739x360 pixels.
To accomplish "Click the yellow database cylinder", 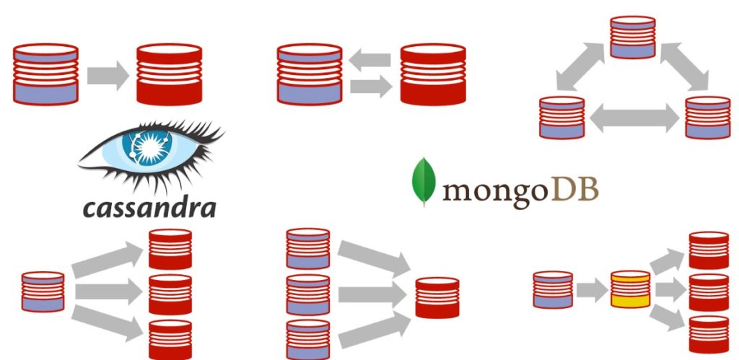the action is click(631, 289).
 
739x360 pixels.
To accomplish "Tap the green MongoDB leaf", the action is click(424, 182).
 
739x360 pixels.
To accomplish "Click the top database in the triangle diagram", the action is click(632, 38).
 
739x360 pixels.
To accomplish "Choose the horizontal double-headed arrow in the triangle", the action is click(634, 118).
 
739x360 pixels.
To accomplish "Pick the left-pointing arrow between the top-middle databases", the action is click(370, 60).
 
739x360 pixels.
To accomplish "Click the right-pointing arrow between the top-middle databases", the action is click(371, 87).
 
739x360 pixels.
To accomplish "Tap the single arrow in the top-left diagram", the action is click(108, 76).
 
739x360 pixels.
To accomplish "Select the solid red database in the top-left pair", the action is click(169, 74).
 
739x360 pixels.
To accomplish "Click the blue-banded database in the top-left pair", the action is click(45, 74).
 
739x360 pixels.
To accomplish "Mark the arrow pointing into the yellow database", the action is click(592, 290).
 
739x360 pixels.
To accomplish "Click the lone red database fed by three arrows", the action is click(437, 297).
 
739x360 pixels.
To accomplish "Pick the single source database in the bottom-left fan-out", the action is click(43, 291).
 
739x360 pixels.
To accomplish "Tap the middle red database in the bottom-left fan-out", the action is click(170, 294).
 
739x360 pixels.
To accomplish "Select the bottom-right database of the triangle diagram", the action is click(708, 118).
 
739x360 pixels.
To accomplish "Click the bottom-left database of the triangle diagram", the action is click(561, 118).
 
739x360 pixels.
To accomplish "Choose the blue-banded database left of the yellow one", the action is click(553, 290).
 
